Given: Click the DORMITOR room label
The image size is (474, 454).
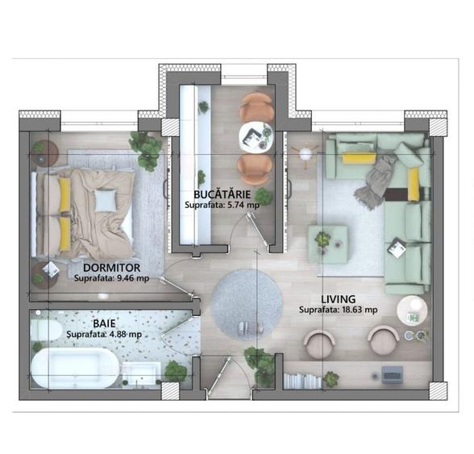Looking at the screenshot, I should click(x=112, y=267).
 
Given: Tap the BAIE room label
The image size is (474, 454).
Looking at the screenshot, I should click(x=102, y=323).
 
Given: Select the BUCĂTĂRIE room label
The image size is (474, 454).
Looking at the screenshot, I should click(x=222, y=194).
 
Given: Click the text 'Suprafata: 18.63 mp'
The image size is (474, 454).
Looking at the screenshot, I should click(x=338, y=309).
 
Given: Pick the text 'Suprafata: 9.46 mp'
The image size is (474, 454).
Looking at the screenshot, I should click(x=111, y=279).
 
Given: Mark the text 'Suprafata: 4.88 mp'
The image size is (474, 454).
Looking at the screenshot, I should click(x=104, y=334).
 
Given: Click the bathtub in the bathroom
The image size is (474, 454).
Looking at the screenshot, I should click(x=74, y=368).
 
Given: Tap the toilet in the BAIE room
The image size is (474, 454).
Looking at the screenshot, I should click(x=45, y=329).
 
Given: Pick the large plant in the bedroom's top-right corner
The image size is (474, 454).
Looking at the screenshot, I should click(x=146, y=149).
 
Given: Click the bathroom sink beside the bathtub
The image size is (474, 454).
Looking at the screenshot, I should click(x=143, y=373).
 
